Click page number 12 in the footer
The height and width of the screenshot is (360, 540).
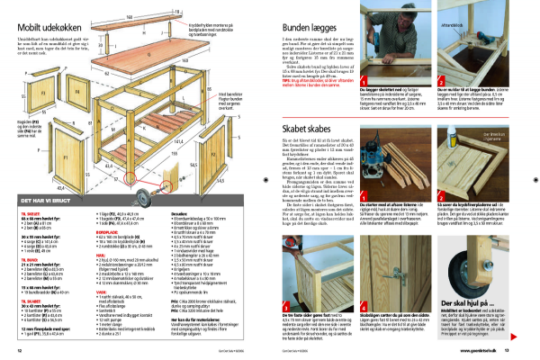(x=19, y=349)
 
